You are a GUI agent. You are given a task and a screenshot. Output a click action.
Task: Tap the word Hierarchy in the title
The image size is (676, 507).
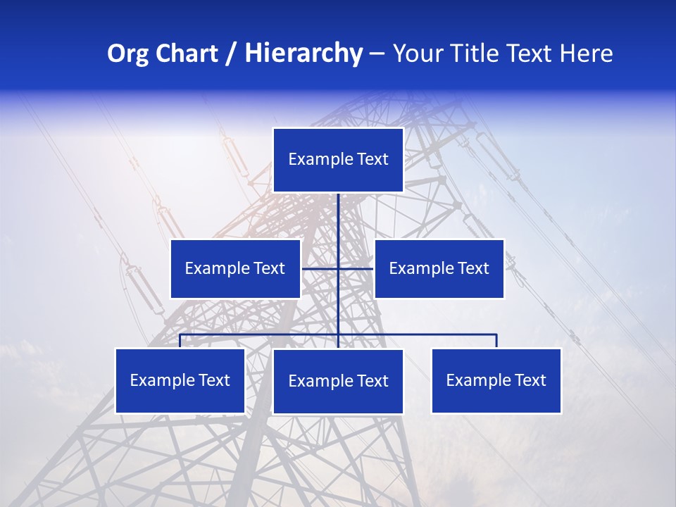pyautogui.click(x=303, y=54)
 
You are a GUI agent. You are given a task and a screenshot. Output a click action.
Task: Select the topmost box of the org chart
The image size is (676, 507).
pyautogui.click(x=338, y=160)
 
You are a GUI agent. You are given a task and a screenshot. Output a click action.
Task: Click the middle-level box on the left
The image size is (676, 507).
pyautogui.click(x=235, y=268)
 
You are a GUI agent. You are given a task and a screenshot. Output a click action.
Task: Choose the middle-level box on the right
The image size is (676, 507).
pyautogui.click(x=439, y=268)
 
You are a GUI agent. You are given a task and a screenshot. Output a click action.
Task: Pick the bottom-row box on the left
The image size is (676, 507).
pyautogui.click(x=180, y=380)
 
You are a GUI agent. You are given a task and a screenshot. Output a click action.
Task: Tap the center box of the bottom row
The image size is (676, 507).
pyautogui.click(x=338, y=381)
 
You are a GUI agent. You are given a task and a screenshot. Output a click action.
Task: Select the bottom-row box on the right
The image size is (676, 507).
pyautogui.click(x=496, y=380)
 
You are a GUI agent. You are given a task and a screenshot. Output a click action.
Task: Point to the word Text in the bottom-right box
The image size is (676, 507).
pyautogui.click(x=530, y=380)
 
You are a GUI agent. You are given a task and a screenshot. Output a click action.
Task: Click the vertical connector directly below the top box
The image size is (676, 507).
pyautogui.click(x=338, y=218)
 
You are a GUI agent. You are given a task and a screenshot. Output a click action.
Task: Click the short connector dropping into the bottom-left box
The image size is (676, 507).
pyautogui.click(x=180, y=341)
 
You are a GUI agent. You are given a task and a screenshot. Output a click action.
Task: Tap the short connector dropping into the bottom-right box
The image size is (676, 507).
pyautogui.click(x=496, y=341)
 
